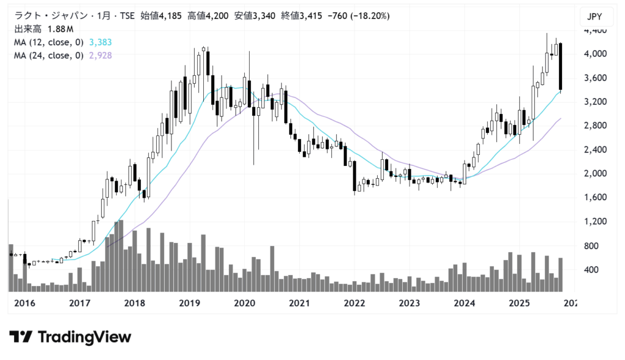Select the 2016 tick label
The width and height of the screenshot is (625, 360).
click(24, 303)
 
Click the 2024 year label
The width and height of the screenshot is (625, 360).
click(464, 303)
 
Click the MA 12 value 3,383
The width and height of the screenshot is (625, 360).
click(100, 43)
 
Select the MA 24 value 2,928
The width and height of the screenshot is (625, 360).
click(100, 56)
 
